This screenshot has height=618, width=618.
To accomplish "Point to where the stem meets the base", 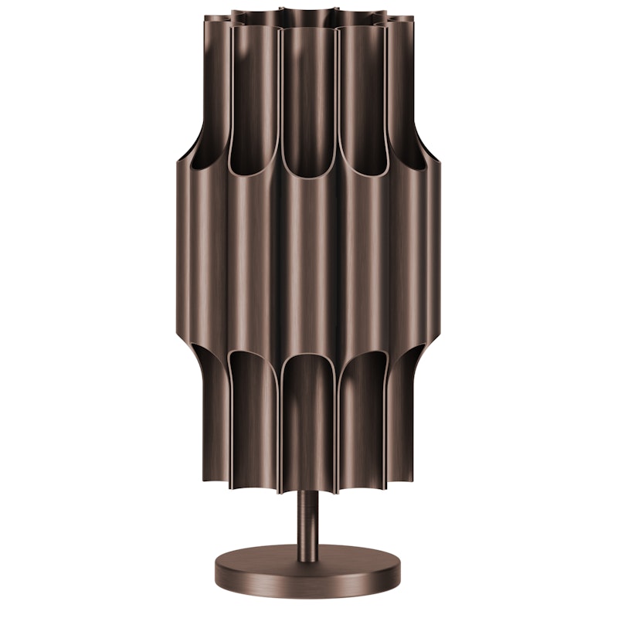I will click(309, 545).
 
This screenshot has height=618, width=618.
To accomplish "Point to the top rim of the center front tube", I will click(308, 29).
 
